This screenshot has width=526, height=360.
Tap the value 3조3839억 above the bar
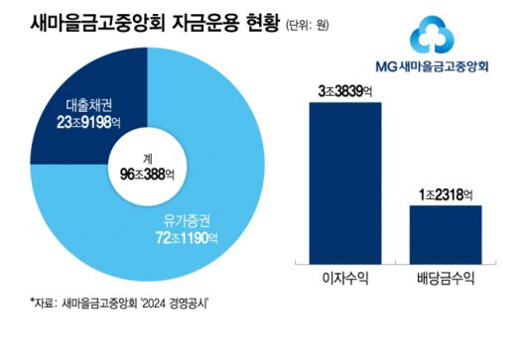point(345,91)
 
